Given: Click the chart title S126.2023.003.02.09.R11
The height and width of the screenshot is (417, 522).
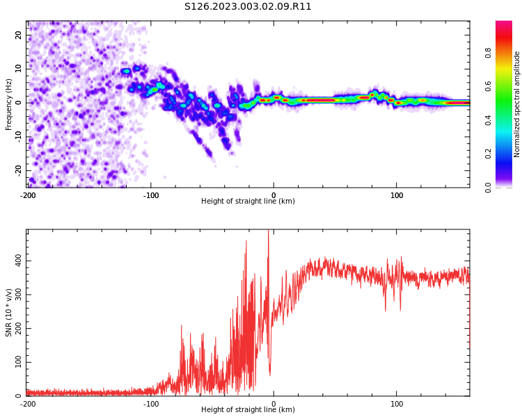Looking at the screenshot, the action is [x=248, y=7].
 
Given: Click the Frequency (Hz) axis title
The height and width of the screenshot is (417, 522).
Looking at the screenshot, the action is [x=8, y=104].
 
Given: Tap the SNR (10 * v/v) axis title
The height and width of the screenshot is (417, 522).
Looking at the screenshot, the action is [x=8, y=313].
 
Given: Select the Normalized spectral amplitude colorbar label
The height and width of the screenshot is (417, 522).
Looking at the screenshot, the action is [x=516, y=104].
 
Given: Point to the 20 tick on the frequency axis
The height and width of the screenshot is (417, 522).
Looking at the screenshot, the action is [x=19, y=35].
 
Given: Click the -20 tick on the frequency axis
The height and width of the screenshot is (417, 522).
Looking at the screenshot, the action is [x=19, y=170].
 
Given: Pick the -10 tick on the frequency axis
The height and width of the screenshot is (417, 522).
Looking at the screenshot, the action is [x=19, y=137].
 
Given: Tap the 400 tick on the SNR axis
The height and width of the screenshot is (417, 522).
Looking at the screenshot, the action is [x=19, y=261].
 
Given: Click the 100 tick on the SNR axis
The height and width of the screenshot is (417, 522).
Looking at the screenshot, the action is [x=19, y=362].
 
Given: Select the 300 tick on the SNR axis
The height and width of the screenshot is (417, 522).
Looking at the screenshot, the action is [x=19, y=295].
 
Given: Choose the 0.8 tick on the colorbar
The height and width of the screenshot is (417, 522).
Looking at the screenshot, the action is [x=488, y=53].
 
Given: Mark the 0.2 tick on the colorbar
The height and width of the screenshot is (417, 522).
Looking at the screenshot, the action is [x=488, y=154].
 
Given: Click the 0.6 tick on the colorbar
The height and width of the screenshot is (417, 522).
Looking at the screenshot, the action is [x=488, y=86].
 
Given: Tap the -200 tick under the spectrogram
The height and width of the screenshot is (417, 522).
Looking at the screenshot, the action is [x=28, y=195].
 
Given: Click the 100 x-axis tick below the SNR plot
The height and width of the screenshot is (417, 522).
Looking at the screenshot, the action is [x=397, y=404].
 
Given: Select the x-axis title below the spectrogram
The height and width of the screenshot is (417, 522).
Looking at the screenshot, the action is [x=248, y=201].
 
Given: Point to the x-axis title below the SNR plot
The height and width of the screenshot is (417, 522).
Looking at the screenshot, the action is [x=248, y=409].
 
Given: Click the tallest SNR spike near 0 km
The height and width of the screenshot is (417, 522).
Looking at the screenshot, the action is [x=269, y=231].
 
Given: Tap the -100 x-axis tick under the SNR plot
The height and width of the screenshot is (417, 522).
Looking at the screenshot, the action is [x=151, y=404].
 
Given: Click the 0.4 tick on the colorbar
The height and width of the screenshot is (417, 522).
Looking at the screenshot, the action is [x=488, y=120].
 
